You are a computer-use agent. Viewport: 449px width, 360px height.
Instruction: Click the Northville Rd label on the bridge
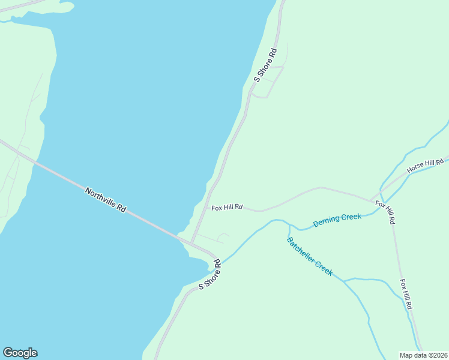point(105,200)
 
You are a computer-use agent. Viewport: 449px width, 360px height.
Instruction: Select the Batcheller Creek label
point(309,256)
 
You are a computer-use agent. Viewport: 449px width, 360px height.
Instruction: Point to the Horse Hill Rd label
point(425,166)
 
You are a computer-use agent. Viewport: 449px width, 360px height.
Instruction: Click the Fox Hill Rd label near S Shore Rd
point(226,208)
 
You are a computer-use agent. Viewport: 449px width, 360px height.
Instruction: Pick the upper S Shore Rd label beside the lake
point(265,65)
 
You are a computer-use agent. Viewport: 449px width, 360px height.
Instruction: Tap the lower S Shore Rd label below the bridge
point(209,274)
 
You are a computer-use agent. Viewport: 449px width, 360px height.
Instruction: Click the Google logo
point(20,353)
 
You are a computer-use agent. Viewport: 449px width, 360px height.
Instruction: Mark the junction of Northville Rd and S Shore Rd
point(191,242)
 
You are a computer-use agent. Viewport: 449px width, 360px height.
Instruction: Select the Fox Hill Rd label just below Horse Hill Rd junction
point(385,212)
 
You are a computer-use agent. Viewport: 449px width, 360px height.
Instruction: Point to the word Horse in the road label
point(416,169)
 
